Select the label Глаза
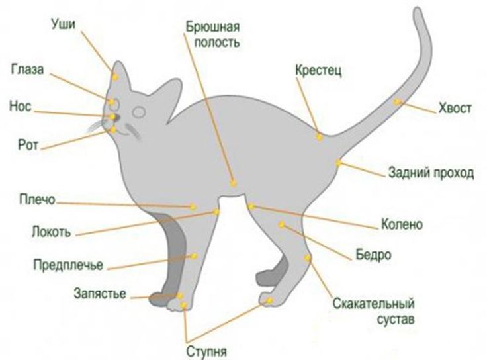pos(28,69)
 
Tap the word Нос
pos(21,106)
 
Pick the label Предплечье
pos(68,266)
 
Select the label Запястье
pos(100,294)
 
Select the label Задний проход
pos(430,174)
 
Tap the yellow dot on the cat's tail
pos(397,102)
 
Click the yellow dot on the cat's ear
pos(115,77)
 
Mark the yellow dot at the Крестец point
pos(319,136)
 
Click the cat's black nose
pos(112,117)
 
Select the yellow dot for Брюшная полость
pos(233,183)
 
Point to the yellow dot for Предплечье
pos(193,255)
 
